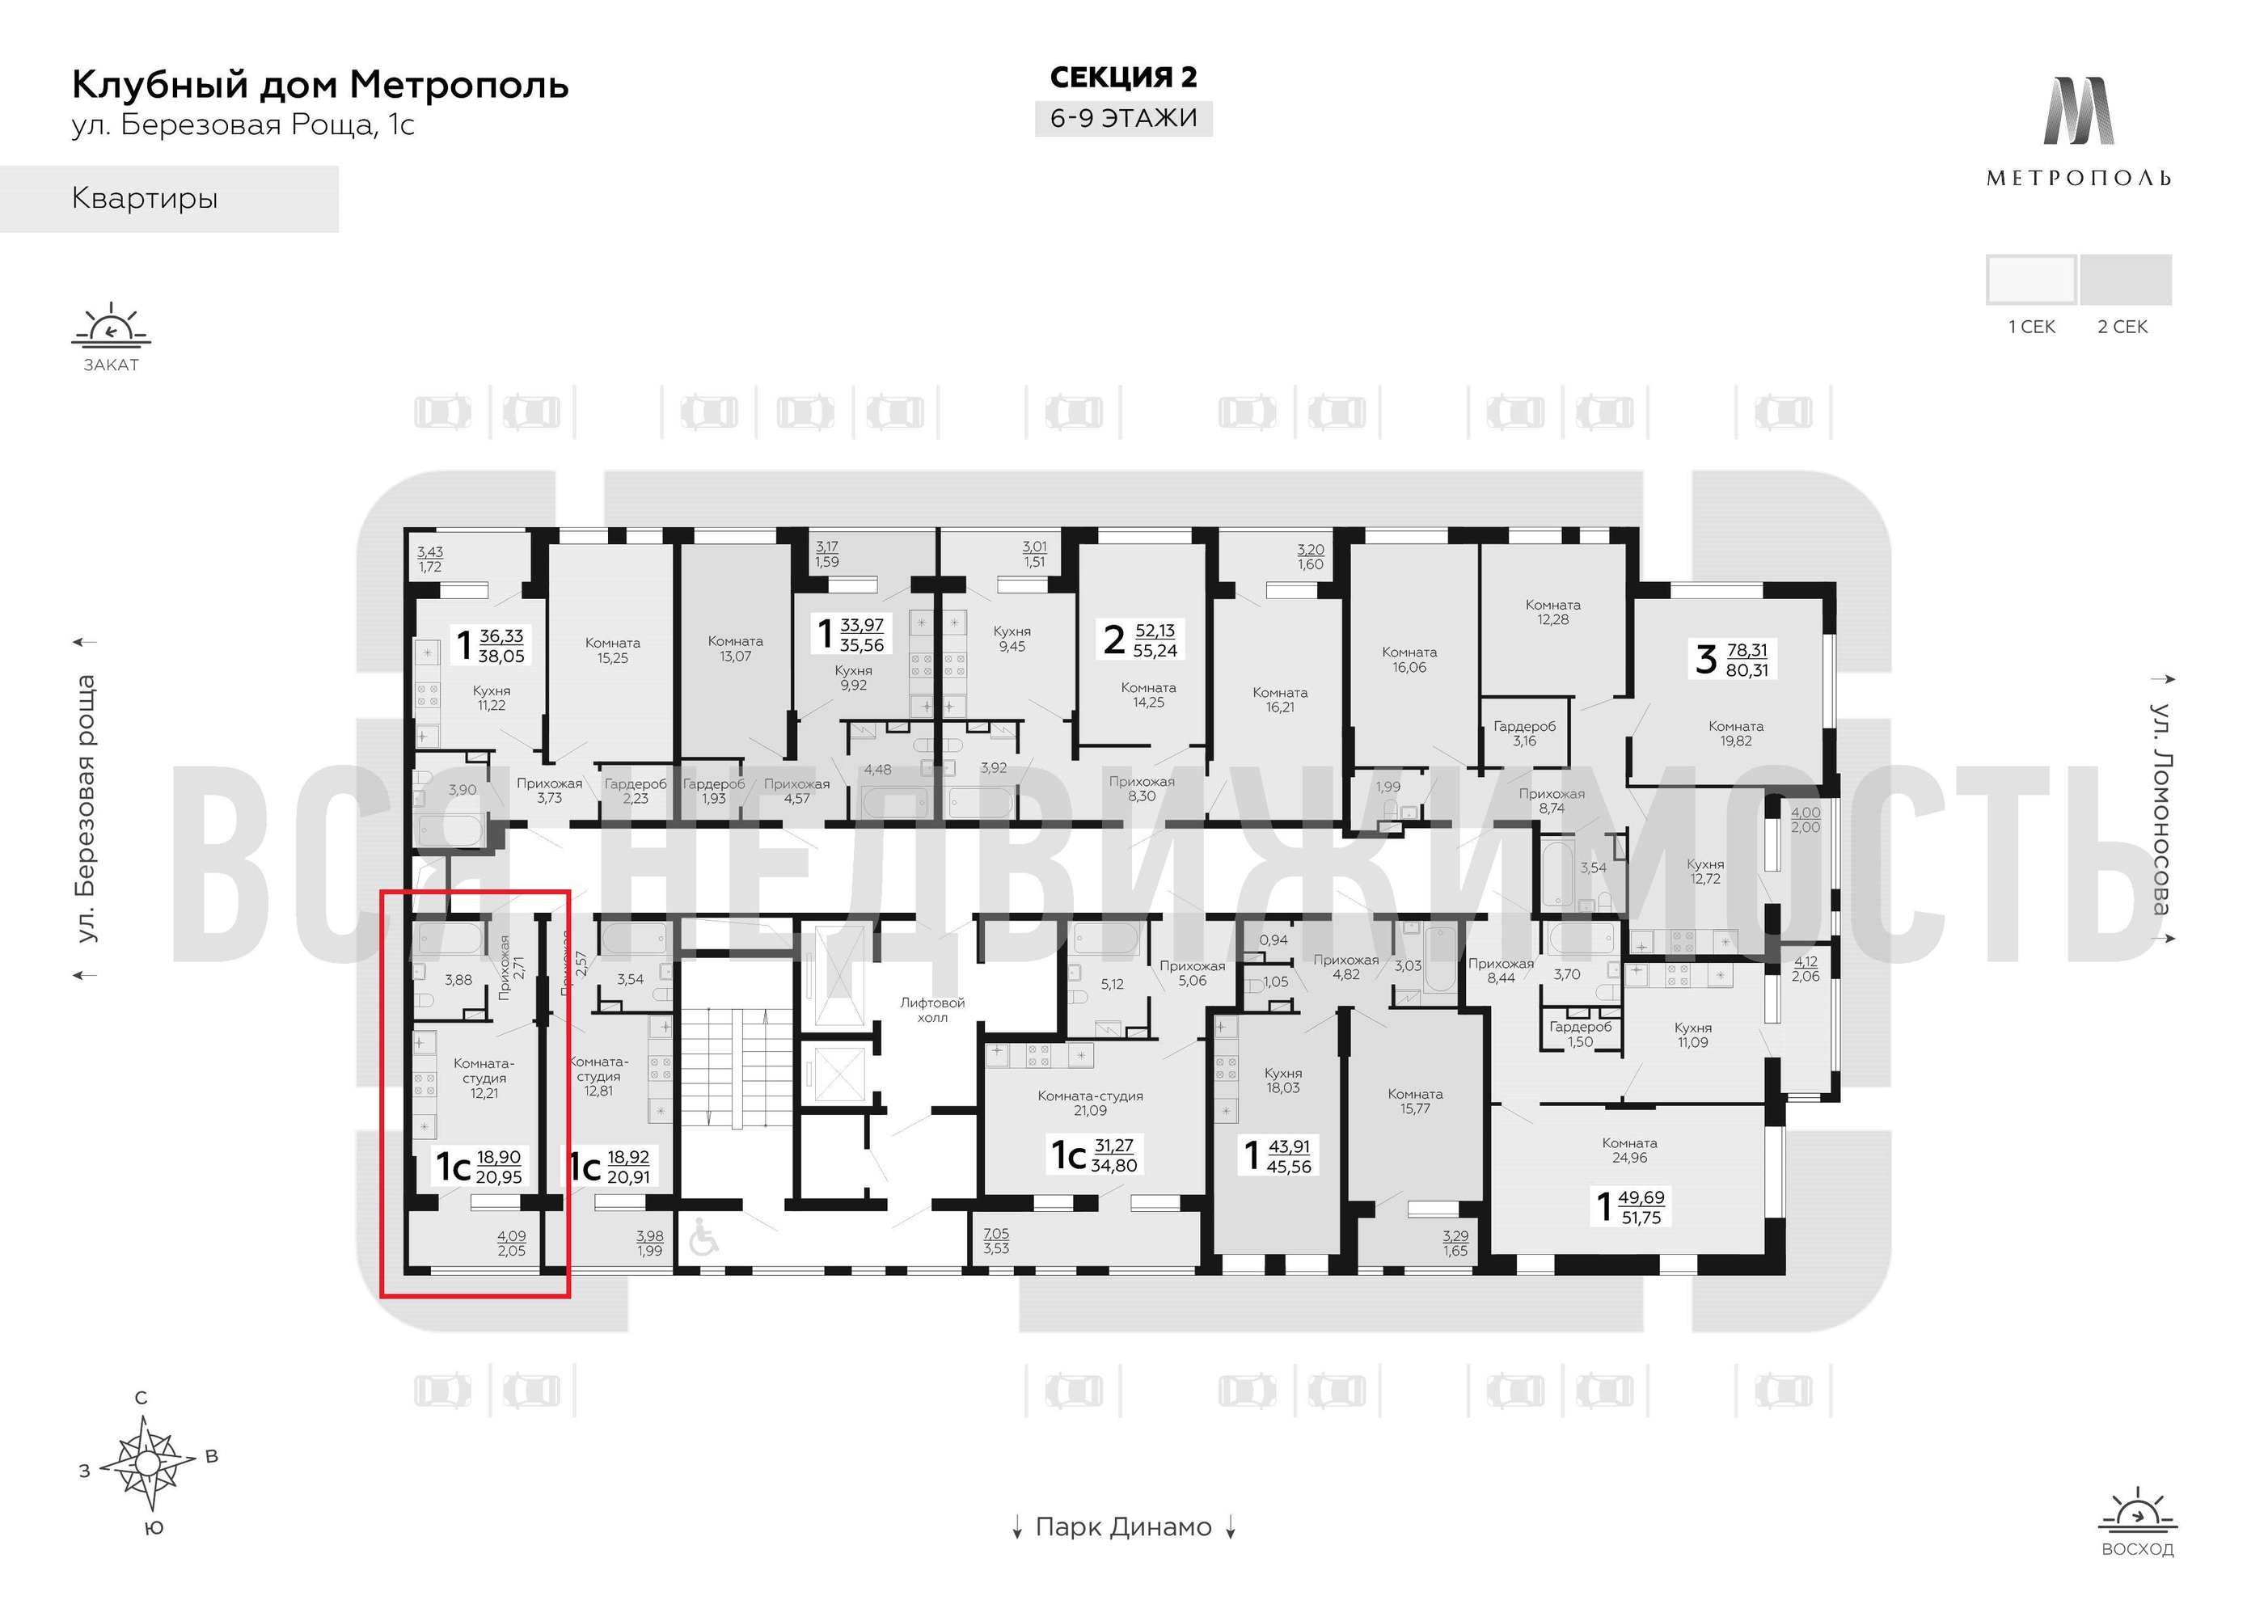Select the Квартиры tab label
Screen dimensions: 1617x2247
[x=145, y=198]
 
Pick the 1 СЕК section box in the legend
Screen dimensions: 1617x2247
[x=2030, y=280]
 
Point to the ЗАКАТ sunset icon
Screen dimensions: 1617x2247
[x=111, y=327]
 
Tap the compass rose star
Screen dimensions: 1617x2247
[x=148, y=1463]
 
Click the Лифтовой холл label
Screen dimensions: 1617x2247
[x=931, y=1010]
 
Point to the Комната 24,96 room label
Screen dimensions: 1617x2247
[x=1628, y=1150]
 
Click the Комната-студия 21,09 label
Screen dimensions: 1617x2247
[x=1090, y=1103]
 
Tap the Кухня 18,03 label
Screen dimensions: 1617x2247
[x=1283, y=1080]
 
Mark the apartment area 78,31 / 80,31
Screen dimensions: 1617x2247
[x=1746, y=660]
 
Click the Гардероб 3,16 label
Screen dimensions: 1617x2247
[x=1524, y=733]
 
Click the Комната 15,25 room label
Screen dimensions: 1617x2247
[x=612, y=650]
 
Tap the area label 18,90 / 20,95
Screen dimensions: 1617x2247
[x=498, y=1167]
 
